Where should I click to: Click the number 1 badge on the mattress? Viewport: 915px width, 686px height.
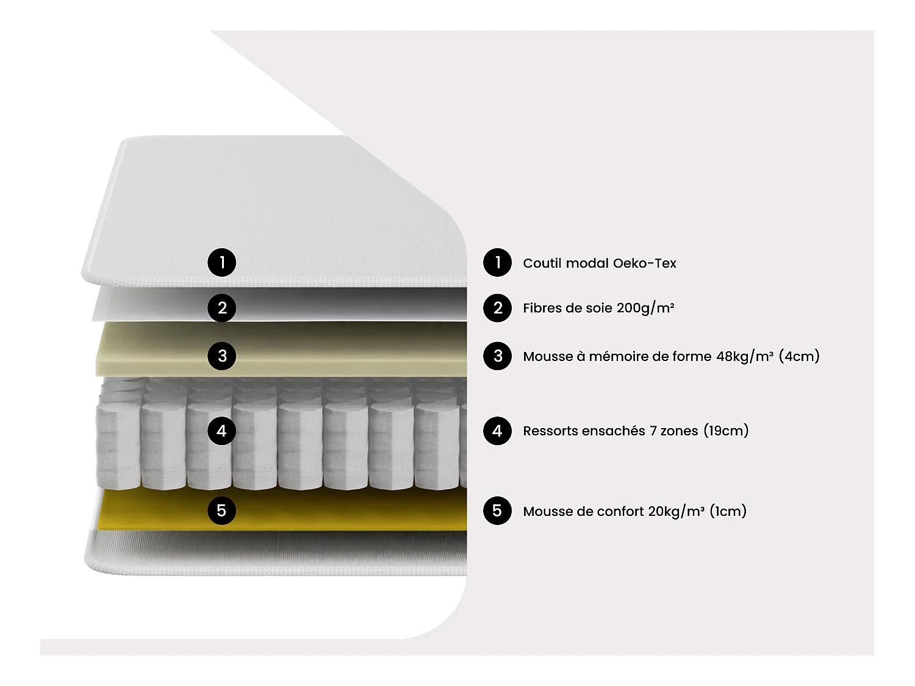click(x=222, y=263)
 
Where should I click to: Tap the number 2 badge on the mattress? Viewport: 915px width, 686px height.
click(x=222, y=308)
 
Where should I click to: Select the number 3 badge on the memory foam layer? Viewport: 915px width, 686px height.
click(x=222, y=356)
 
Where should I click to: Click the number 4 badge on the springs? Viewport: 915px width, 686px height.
click(x=222, y=431)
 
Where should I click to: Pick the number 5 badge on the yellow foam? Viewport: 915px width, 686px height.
click(x=222, y=510)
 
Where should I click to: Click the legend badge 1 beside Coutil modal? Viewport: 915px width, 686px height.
click(x=498, y=263)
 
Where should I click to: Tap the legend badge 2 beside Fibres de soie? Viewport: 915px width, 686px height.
click(x=498, y=308)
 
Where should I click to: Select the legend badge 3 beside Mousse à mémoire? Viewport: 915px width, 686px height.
click(x=498, y=356)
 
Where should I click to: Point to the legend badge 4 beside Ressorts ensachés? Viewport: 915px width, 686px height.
click(x=498, y=431)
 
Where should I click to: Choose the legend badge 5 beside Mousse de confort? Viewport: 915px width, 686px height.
click(x=498, y=510)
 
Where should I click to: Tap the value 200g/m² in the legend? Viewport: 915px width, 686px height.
click(x=645, y=308)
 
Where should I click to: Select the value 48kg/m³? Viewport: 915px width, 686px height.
click(x=744, y=356)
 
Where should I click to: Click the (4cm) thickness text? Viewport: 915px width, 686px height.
click(x=799, y=356)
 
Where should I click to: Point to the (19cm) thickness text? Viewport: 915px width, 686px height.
click(x=726, y=431)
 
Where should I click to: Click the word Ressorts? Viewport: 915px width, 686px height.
click(x=550, y=431)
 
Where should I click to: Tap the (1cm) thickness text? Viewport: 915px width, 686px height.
click(x=728, y=511)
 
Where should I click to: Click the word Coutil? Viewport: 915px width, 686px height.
click(x=542, y=263)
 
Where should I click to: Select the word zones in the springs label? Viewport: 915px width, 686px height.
click(x=679, y=431)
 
